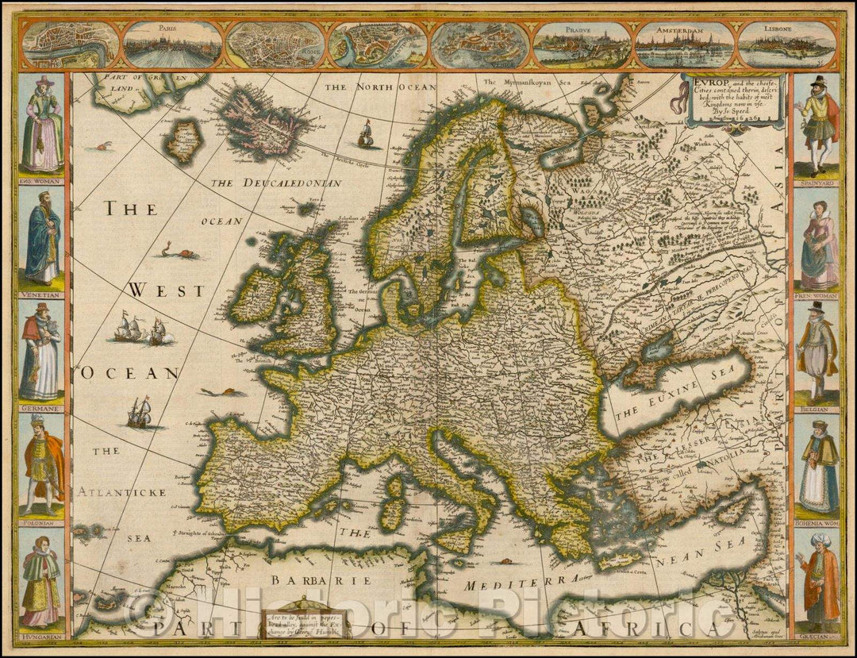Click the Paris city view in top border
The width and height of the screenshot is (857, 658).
coord(173,45)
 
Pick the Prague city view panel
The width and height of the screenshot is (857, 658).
coord(582,45)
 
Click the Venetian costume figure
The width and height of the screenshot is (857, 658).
coord(42,238)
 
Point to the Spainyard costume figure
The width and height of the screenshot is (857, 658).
coord(817,125)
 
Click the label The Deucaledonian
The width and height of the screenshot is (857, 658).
coord(276,183)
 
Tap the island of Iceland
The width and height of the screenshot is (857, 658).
coord(264,124)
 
